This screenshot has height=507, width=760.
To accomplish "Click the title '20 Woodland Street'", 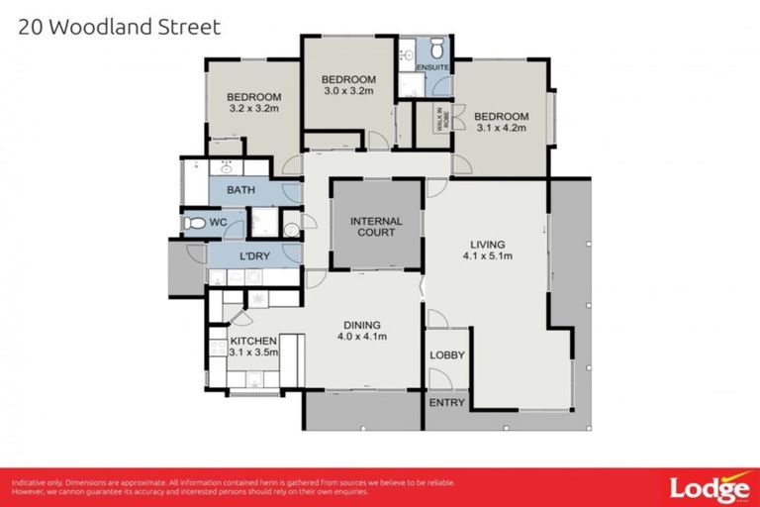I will [x=120, y=27].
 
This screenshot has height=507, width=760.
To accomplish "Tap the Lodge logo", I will [x=708, y=488].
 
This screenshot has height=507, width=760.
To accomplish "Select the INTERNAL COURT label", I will [x=375, y=227].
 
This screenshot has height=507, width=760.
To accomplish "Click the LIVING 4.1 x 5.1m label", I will [x=488, y=251].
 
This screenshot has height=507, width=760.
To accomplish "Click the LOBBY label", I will [x=447, y=355].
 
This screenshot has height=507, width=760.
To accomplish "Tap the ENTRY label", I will [x=447, y=403].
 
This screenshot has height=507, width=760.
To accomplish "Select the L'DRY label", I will [x=254, y=257].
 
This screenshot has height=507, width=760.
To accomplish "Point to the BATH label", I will [x=240, y=189].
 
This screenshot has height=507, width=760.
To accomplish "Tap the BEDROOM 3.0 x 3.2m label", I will [x=347, y=85].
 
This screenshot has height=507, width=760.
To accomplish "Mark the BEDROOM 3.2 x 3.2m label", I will [x=253, y=102].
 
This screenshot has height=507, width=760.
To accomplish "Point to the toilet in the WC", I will [x=195, y=223].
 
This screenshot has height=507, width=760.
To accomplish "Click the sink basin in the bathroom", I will [x=226, y=165].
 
